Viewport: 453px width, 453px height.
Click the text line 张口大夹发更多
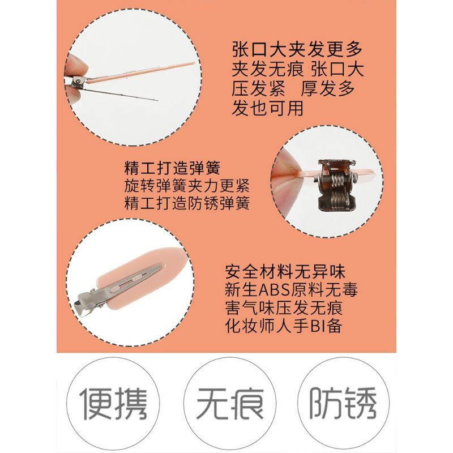pyautogui.click(x=297, y=50)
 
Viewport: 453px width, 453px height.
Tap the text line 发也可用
pyautogui.click(x=267, y=108)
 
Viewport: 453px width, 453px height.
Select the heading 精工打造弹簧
pyautogui.click(x=172, y=168)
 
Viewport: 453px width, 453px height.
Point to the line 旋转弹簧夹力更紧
pyautogui.click(x=187, y=186)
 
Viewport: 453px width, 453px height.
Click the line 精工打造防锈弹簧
pyautogui.click(x=187, y=203)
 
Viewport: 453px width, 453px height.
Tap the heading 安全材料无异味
pyautogui.click(x=285, y=272)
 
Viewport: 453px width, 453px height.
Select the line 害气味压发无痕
pyautogui.click(x=284, y=308)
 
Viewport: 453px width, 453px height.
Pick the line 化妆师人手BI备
pyautogui.click(x=284, y=326)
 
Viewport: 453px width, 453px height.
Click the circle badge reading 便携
pyautogui.click(x=113, y=403)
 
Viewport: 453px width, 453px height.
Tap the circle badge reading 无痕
pyautogui.click(x=230, y=403)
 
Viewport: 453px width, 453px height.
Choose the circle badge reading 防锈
pyautogui.click(x=343, y=403)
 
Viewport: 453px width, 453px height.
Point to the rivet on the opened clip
pyautogui.click(x=78, y=82)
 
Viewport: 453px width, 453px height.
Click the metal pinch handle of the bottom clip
pyautogui.click(x=86, y=302)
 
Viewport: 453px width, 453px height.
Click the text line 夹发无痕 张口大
pyautogui.click(x=298, y=69)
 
